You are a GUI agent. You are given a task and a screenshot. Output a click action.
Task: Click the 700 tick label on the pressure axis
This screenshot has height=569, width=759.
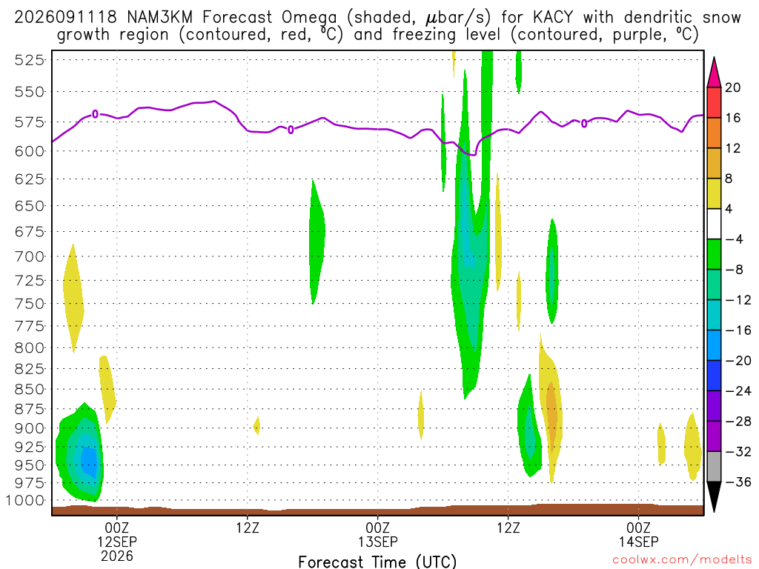(x=30, y=256)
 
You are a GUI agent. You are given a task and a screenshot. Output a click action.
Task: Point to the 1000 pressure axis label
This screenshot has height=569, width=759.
(x=25, y=500)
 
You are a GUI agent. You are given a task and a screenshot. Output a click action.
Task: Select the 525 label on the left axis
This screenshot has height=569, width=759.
(x=30, y=61)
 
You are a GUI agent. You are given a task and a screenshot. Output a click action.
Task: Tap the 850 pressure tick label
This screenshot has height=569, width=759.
(x=30, y=390)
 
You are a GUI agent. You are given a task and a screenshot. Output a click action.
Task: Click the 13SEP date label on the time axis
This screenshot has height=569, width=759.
(x=377, y=542)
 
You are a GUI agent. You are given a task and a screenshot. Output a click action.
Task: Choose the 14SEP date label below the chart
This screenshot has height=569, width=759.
(x=638, y=542)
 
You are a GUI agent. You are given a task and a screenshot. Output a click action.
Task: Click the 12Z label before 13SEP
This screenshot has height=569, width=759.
(x=248, y=528)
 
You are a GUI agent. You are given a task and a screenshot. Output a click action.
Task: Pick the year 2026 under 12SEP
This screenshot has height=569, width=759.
(x=117, y=556)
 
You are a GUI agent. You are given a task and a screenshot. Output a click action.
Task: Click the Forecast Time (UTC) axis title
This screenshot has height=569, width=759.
(x=377, y=562)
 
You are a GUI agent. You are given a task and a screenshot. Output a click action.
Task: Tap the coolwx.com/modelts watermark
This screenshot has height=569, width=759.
(x=682, y=560)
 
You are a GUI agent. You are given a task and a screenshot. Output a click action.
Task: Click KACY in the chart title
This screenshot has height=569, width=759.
(x=553, y=18)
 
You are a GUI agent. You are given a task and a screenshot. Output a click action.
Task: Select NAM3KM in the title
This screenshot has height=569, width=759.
(x=160, y=18)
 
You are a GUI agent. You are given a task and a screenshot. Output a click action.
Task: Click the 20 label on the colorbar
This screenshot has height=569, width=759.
(x=733, y=87)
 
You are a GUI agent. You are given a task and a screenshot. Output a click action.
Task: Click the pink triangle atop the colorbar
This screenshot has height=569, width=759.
(x=714, y=73)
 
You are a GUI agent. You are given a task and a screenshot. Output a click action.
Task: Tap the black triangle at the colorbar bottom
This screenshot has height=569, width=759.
(x=714, y=496)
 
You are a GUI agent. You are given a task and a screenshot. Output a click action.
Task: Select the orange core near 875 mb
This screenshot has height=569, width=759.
(x=551, y=413)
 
